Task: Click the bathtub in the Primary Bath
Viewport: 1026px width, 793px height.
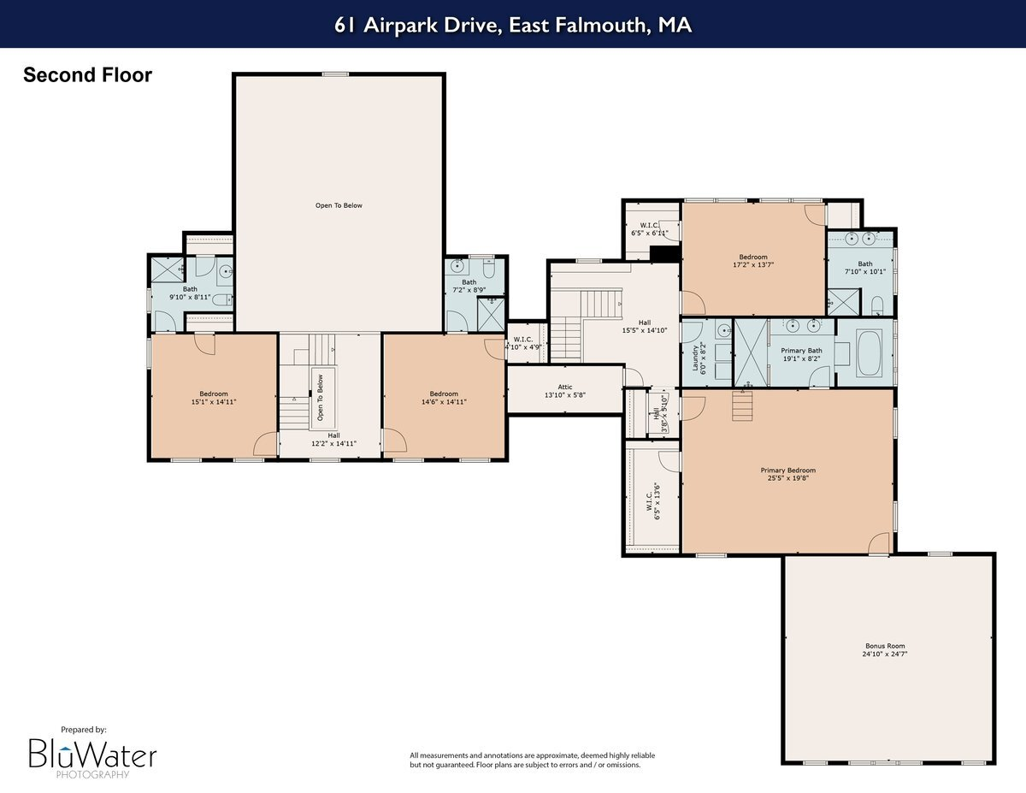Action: [x=864, y=352]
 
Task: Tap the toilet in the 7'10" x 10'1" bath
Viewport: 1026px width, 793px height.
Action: [x=877, y=305]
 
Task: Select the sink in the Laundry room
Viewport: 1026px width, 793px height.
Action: [x=723, y=329]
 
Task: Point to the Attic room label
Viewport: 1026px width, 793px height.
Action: [x=564, y=391]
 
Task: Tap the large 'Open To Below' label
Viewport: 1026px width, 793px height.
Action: [x=339, y=205]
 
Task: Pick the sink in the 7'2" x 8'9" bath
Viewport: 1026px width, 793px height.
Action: [x=457, y=267]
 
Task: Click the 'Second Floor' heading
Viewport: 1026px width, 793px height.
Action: [x=87, y=75]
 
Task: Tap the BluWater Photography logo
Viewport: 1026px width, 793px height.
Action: [x=92, y=753]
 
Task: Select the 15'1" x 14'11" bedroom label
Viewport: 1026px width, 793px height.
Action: [x=213, y=398]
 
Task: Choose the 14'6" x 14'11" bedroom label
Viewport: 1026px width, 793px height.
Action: [x=444, y=398]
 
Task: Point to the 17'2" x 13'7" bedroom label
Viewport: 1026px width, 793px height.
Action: [x=753, y=261]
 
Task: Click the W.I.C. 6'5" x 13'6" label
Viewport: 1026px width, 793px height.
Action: [x=652, y=501]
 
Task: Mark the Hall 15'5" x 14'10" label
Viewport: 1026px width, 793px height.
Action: [x=644, y=327]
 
